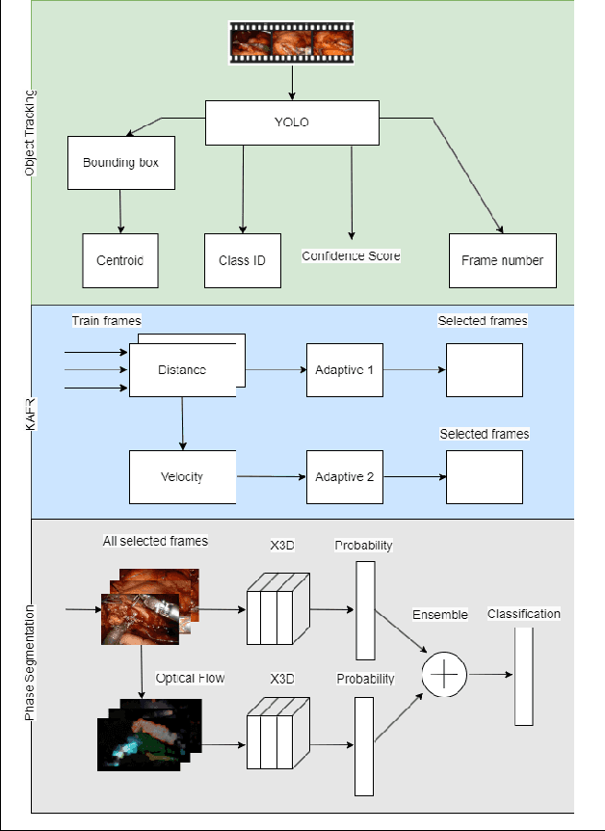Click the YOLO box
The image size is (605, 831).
click(x=292, y=122)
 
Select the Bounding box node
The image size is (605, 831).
click(x=120, y=162)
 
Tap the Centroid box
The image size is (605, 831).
click(x=120, y=260)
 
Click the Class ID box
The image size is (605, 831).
click(x=243, y=260)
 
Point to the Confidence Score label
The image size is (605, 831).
click(x=351, y=255)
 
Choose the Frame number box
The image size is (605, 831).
click(x=502, y=260)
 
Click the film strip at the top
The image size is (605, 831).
click(x=290, y=43)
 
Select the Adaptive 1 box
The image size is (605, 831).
click(x=344, y=370)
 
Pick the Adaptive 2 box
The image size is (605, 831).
click(x=344, y=476)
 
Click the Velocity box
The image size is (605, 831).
click(x=182, y=476)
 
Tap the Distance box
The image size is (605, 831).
click(x=182, y=370)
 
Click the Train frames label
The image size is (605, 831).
click(x=106, y=320)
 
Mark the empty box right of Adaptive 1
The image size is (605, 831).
click(x=484, y=370)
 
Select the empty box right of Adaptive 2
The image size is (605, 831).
click(x=484, y=476)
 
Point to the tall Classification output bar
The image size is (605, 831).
click(x=523, y=676)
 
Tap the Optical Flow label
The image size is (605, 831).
click(x=191, y=678)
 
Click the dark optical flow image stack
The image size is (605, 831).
click(x=149, y=734)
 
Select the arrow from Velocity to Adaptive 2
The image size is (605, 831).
click(x=271, y=476)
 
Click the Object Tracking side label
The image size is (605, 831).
click(x=30, y=132)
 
